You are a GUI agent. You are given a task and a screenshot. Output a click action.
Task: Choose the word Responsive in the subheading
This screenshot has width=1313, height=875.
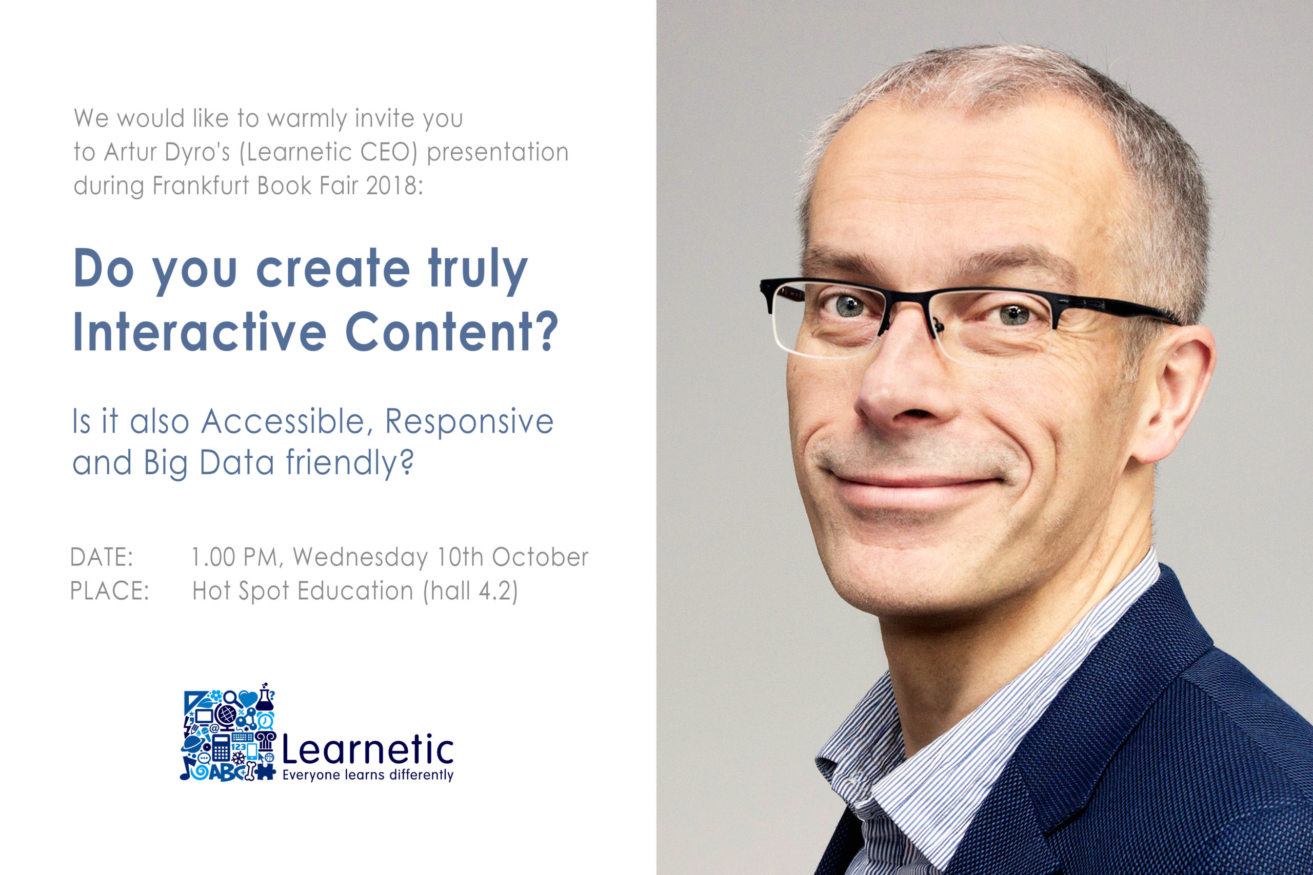coord(469,422)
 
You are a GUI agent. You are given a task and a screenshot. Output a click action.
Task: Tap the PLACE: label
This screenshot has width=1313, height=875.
coord(109,591)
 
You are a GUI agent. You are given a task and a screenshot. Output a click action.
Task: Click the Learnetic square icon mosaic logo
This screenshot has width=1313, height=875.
coord(228,732)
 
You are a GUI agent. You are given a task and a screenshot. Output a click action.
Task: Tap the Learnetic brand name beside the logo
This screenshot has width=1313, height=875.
coord(368,749)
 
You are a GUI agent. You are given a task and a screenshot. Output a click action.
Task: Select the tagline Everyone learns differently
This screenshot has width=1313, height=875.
coord(368,775)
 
